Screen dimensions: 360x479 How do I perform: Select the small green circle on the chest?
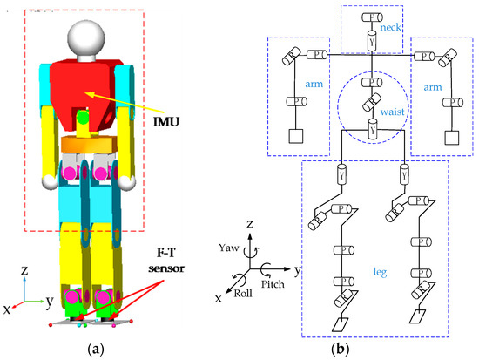point(81,116)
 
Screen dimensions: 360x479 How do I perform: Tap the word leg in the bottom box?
point(370,248)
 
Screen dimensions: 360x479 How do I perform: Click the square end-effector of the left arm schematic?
point(294,138)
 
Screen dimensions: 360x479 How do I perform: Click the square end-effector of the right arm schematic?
point(451,138)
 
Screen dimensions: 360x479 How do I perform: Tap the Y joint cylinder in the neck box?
point(372,40)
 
